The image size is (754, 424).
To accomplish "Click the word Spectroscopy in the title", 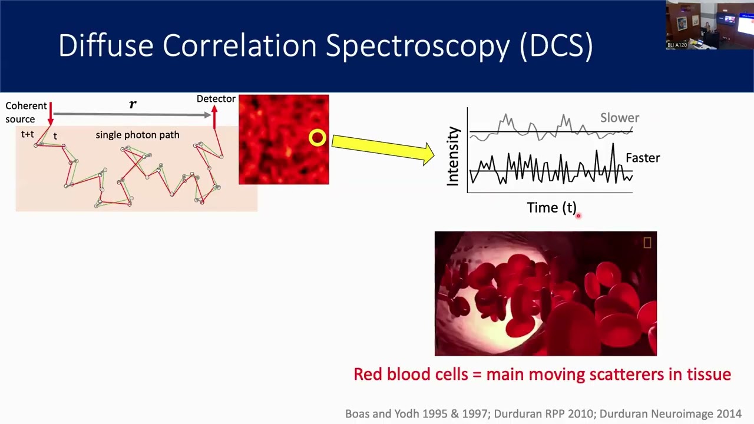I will point(418,46).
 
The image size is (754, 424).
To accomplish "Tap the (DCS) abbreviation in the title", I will point(557,46).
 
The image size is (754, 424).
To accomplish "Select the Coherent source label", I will point(26,112).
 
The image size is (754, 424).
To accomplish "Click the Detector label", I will point(216,99).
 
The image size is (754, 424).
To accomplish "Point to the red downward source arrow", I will point(51,114).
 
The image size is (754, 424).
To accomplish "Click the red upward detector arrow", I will point(214,117).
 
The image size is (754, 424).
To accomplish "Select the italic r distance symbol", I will point(133,104).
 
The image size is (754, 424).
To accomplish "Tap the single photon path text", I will point(137,135).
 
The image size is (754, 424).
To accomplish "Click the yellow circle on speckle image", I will point(317,138).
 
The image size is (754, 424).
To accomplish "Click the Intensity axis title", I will point(452,156).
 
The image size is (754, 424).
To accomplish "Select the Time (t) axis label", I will point(551,207).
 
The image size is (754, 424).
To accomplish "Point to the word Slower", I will point(619,118).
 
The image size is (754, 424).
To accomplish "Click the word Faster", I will point(643,158).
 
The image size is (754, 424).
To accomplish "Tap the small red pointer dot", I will point(578,216).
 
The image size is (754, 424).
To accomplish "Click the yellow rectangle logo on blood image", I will point(647,243).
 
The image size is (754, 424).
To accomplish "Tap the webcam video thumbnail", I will point(709,25).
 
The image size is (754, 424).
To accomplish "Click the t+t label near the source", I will point(28,134).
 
